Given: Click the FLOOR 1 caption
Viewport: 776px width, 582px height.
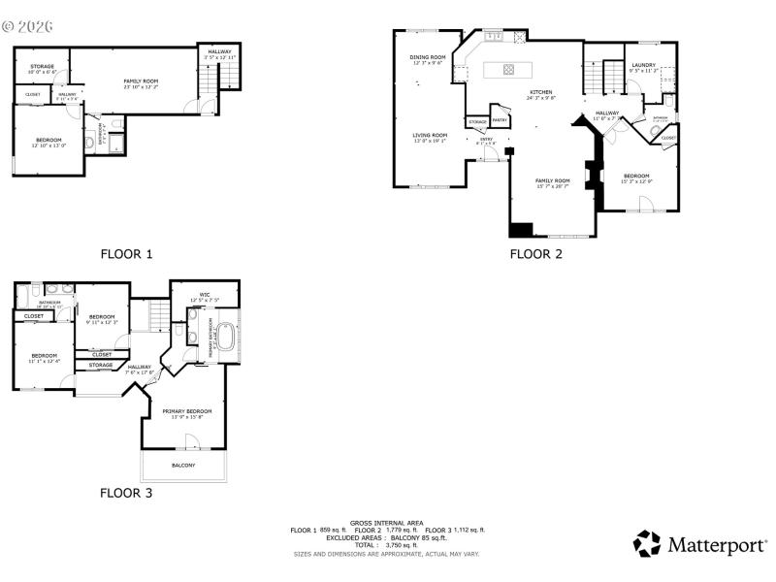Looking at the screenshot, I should [x=127, y=254].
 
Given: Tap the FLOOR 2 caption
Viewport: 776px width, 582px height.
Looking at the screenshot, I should [x=536, y=254].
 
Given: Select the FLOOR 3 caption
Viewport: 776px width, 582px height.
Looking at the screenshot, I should [x=126, y=493].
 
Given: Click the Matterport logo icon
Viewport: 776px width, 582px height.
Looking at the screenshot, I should [x=647, y=543].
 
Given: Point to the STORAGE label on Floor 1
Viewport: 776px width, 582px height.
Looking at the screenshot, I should [x=41, y=67].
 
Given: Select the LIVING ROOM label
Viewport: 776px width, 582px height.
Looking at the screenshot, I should [x=430, y=135].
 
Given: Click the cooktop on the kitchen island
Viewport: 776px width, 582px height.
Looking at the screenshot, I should [x=508, y=69].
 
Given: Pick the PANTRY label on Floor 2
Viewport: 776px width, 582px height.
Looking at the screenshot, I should [x=500, y=120].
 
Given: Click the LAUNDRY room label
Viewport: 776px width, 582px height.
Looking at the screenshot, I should [x=643, y=65].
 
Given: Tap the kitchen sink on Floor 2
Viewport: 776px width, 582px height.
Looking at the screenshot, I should [x=493, y=37].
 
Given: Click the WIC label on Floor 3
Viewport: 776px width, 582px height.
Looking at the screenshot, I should [x=205, y=295].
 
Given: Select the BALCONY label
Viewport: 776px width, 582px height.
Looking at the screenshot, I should [x=183, y=465].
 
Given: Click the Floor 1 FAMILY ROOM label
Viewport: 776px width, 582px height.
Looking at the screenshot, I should [x=141, y=81].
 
